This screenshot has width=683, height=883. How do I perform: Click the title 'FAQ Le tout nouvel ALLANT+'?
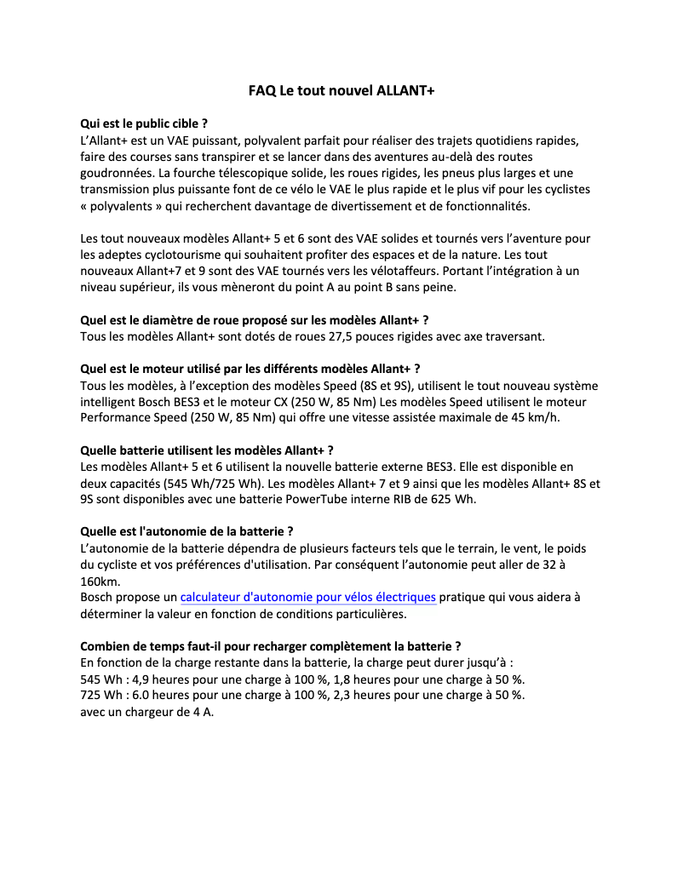341,90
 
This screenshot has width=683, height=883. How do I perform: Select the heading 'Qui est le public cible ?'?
144,123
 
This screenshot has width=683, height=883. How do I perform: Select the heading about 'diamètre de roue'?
254,320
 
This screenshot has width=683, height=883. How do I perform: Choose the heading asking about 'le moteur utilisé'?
250,369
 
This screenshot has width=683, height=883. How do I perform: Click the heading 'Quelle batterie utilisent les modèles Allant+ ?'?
206,450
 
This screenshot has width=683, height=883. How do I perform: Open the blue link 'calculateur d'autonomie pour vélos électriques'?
308,598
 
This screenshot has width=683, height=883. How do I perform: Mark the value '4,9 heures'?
165,679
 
